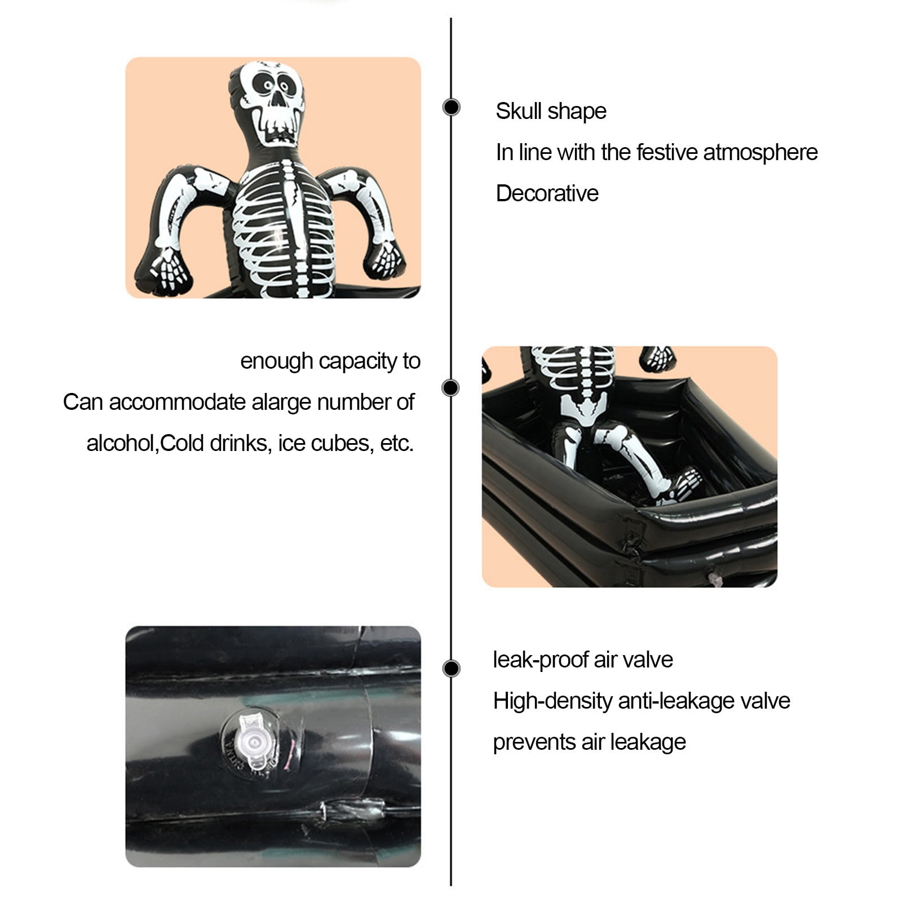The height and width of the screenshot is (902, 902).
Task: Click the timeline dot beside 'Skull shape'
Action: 451,107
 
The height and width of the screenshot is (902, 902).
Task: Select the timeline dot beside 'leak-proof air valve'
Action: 451,668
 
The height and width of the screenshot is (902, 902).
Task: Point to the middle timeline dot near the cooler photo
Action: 451,388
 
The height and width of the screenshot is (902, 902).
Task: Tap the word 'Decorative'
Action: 547,193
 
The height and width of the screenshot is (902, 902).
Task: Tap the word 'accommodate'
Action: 178,403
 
